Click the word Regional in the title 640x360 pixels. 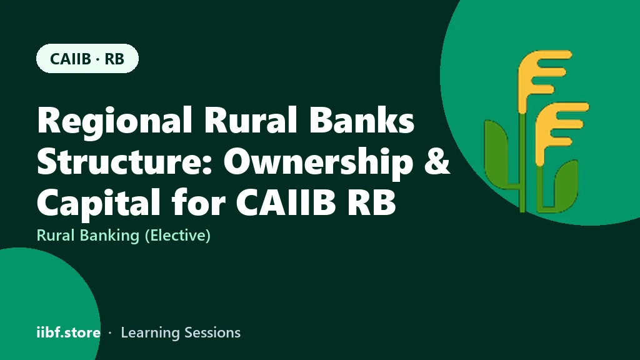pyautogui.click(x=115, y=121)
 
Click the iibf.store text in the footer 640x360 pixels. pyautogui.click(x=69, y=332)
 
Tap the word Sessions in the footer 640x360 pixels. pyautogui.click(x=212, y=332)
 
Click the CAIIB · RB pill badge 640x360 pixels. pyautogui.click(x=87, y=58)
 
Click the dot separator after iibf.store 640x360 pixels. pyautogui.click(x=110, y=333)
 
